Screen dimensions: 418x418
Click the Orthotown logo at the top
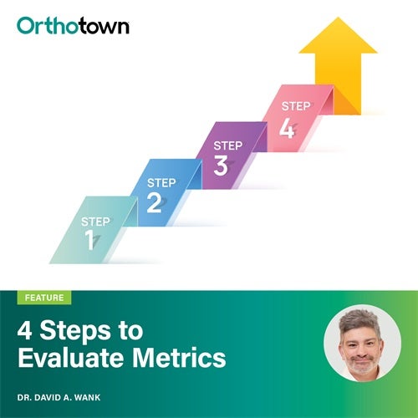[73, 25]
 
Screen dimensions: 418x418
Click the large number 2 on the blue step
[154, 202]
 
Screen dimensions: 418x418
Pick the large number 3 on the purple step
[221, 165]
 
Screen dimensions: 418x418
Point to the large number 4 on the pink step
[288, 127]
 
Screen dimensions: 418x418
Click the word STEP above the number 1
[95, 222]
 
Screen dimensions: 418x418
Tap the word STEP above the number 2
[161, 183]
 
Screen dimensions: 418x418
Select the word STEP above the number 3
[228, 145]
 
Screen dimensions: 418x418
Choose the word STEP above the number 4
[295, 106]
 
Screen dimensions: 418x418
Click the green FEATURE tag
[43, 298]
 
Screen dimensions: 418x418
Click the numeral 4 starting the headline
[25, 330]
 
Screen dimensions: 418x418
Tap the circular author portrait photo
[362, 343]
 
